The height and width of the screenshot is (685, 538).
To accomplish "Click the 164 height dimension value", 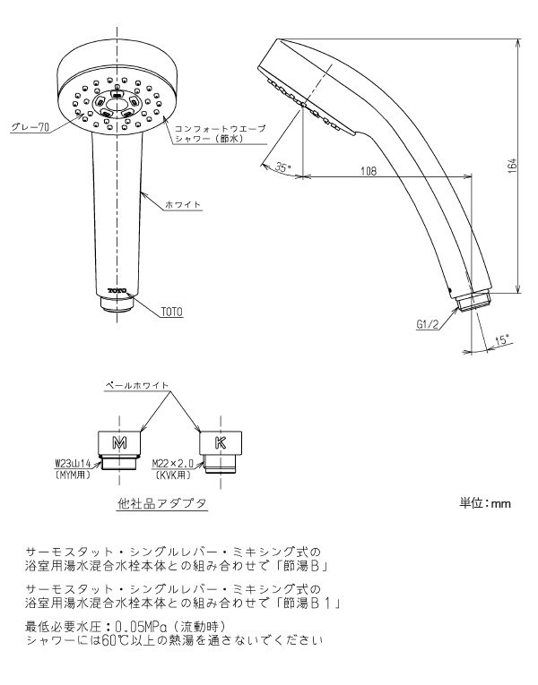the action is pos(513,167).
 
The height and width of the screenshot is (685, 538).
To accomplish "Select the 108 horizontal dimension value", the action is pos(369,171).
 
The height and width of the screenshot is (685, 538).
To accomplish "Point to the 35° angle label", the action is pos(283,167).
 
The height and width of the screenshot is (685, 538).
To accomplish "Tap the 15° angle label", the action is pos(502,340).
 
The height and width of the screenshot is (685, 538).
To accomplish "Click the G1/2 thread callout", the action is pos(428,324).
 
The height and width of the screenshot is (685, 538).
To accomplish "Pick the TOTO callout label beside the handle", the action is pos(172,312).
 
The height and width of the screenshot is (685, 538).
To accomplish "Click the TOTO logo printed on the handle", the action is pos(117,290).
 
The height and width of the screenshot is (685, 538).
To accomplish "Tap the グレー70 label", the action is pos(30,127).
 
